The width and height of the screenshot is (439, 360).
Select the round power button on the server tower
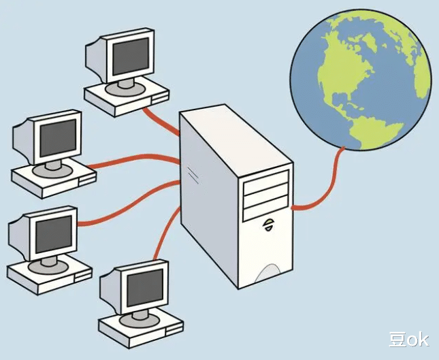pos(268,222)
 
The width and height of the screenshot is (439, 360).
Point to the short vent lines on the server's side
pos(194,175)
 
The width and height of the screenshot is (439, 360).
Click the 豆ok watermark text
pos(408,339)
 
